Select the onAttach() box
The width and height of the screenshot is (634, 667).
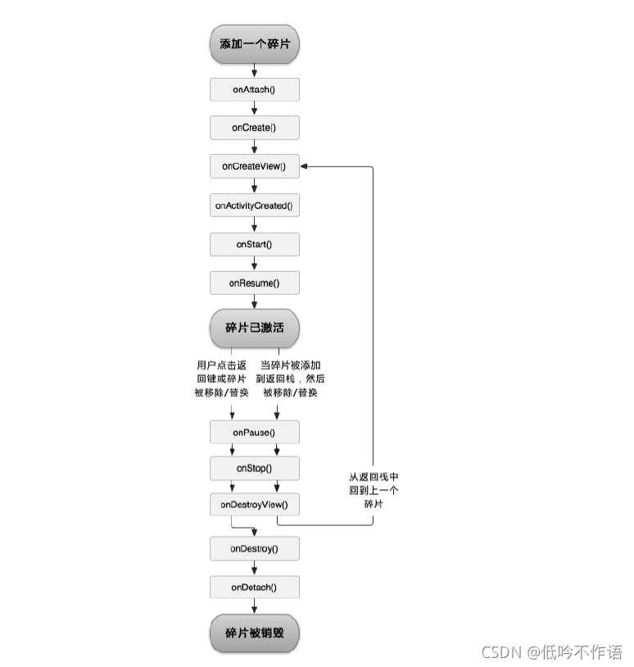tap(255, 88)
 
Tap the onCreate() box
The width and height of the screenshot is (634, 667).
tap(255, 128)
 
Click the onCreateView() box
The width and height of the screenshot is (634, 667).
tap(255, 166)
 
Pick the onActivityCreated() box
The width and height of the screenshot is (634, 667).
tap(255, 206)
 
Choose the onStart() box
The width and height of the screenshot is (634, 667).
tap(255, 244)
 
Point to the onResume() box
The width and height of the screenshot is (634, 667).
tap(255, 284)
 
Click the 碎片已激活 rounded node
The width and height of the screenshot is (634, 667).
tap(255, 328)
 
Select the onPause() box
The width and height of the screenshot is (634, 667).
tap(255, 432)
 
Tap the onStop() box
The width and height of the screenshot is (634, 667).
tap(255, 468)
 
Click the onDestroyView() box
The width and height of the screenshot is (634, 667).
tap(255, 504)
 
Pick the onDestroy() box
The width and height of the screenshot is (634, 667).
tap(255, 547)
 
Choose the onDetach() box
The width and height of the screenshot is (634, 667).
tap(255, 587)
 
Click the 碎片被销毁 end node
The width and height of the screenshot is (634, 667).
tap(255, 633)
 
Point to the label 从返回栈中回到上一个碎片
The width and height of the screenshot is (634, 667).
tap(373, 490)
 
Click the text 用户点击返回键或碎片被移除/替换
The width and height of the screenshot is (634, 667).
tap(220, 379)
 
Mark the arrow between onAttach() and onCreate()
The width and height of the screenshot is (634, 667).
tap(255, 108)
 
